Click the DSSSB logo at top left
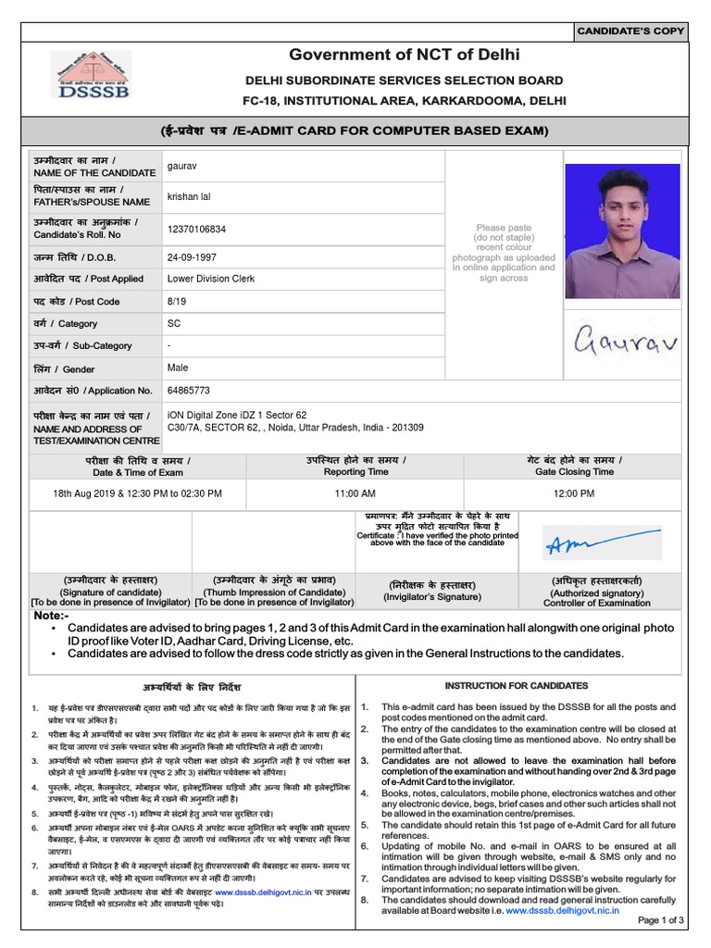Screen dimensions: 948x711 [x=90, y=74]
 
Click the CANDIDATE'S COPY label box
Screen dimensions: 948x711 [x=630, y=31]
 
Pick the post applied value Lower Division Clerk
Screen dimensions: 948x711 [x=215, y=278]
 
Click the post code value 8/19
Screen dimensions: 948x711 [x=177, y=301]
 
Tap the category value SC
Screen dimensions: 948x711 [x=174, y=324]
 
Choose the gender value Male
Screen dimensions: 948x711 [x=178, y=368]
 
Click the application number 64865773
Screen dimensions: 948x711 [x=188, y=391]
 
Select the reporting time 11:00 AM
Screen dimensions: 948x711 [x=355, y=494]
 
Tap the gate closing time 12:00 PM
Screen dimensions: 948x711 [x=575, y=494]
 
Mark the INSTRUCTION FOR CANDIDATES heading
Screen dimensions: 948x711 [x=517, y=686]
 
